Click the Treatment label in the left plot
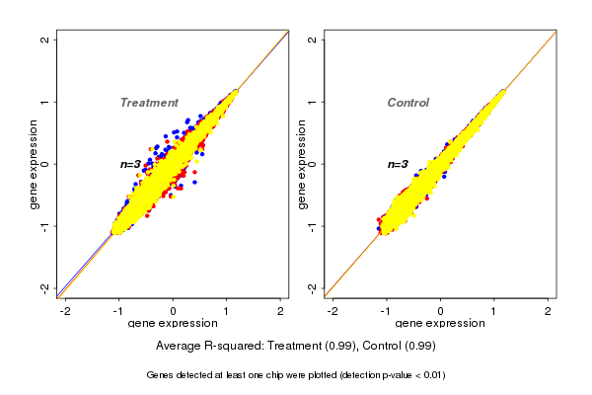[149, 103]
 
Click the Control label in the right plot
[408, 103]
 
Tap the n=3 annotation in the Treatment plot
[132, 164]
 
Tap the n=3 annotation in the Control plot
[398, 164]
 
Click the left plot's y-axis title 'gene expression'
[35, 164]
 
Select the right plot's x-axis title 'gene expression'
[440, 324]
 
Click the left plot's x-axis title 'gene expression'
[173, 324]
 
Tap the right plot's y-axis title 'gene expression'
[302, 164]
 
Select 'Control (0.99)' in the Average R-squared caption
[399, 347]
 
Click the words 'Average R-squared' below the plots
[206, 347]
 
